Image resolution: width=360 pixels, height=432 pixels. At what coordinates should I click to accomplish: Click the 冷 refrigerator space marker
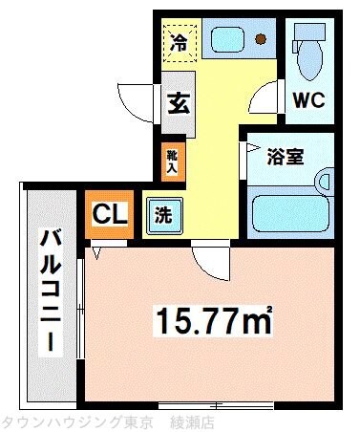[178, 40]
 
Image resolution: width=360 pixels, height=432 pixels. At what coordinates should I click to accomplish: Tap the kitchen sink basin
[228, 40]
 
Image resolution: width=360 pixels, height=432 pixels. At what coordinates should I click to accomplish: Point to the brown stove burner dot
[261, 40]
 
